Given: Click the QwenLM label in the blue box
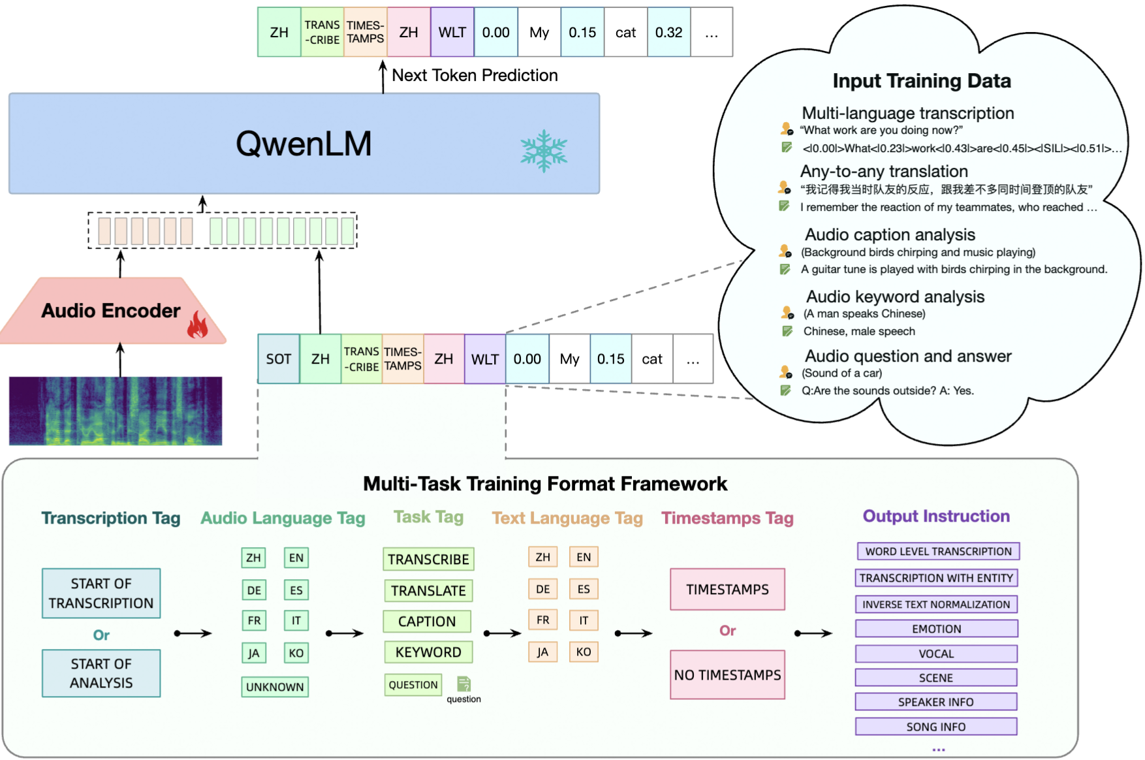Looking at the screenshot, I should (304, 144).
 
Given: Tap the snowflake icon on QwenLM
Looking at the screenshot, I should (544, 151).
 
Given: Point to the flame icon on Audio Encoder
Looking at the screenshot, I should (197, 325).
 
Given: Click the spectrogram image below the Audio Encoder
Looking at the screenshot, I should (116, 411).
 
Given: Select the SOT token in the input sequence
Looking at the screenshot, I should (279, 358).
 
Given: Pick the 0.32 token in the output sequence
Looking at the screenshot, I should (668, 32).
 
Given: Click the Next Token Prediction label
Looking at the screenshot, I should (475, 75).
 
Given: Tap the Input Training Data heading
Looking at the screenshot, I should (922, 81).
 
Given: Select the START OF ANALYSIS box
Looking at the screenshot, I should (101, 673).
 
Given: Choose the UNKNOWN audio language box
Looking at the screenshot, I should (275, 687).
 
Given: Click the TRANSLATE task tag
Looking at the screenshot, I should (428, 591).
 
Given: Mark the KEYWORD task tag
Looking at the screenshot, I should (428, 652).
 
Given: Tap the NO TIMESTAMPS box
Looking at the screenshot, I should (727, 674).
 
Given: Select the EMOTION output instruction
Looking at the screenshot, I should (936, 629).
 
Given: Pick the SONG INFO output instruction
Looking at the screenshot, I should (936, 727).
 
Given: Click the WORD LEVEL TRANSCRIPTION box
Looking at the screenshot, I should (938, 551).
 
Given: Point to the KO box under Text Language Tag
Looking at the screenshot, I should (584, 652).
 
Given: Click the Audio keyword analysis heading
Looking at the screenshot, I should (895, 296).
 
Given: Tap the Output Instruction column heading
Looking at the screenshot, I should (936, 516).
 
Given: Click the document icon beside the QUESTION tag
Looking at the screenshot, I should (463, 684).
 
